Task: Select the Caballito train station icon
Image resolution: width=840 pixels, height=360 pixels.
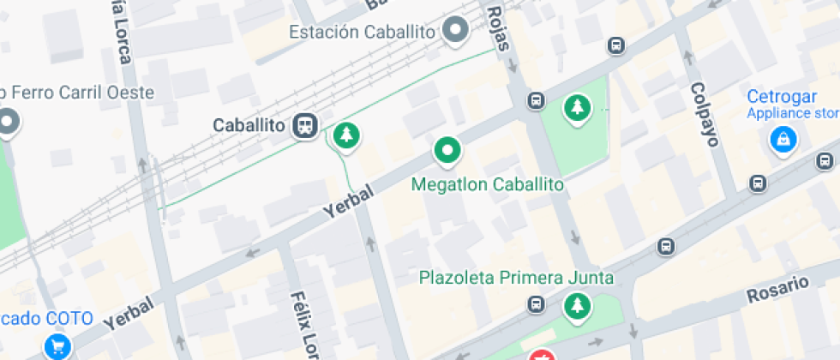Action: (x=304, y=127)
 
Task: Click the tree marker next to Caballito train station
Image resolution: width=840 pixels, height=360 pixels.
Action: (x=345, y=135)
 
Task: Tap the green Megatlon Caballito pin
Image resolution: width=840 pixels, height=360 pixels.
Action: (x=447, y=151)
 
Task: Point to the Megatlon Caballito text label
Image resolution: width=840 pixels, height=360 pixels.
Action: (x=488, y=184)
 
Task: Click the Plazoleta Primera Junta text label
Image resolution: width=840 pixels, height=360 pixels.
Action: (x=516, y=278)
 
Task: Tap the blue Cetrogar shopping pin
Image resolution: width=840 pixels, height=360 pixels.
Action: (x=783, y=139)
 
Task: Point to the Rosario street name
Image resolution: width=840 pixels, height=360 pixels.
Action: (x=777, y=289)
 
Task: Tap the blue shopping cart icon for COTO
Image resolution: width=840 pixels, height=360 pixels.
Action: (x=58, y=347)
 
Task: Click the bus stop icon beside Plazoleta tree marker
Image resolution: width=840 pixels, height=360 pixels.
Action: (x=537, y=304)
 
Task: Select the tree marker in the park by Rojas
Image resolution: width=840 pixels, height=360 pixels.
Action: (x=579, y=108)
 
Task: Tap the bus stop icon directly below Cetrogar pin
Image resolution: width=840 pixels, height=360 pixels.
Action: (x=758, y=183)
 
